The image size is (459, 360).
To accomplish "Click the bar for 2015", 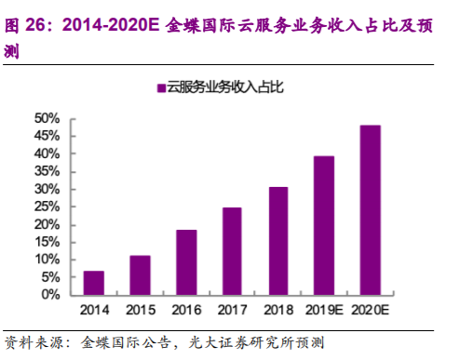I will click(140, 274).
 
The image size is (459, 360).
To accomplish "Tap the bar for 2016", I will click(186, 261).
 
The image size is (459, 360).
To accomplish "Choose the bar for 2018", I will click(278, 240).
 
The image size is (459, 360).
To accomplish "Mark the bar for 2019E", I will click(324, 225).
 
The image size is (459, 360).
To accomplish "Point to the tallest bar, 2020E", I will click(371, 209).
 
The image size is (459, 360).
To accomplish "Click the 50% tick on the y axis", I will click(47, 118).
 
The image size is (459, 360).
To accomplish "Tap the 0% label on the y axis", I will click(51, 294).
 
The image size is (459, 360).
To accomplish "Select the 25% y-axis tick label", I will click(47, 207).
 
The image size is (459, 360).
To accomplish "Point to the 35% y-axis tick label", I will click(47, 171).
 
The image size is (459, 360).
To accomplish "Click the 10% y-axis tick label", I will click(47, 259).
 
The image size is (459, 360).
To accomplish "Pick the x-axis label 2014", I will click(93, 309).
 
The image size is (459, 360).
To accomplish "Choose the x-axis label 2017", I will click(232, 309).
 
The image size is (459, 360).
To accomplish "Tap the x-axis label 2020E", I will click(371, 309).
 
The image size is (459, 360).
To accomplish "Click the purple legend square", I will click(160, 88).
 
